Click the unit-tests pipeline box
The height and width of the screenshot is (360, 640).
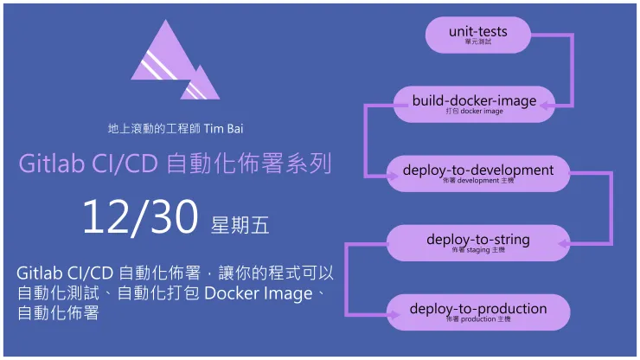(477, 35)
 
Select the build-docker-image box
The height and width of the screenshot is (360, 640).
(474, 104)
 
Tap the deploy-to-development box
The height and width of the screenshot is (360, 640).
(477, 173)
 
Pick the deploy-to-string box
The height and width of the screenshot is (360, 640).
(477, 242)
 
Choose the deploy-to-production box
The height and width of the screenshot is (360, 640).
(477, 312)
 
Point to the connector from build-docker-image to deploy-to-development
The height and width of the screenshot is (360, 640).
(366, 138)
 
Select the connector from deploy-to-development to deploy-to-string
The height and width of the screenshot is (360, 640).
(611, 208)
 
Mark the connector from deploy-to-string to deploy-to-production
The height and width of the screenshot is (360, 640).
(349, 277)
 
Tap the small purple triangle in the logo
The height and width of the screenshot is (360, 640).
(201, 85)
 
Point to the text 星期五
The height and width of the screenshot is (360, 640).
(240, 226)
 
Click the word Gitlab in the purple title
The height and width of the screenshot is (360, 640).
(50, 164)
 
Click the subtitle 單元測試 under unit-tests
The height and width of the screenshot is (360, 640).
(477, 42)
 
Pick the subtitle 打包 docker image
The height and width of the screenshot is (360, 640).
(474, 112)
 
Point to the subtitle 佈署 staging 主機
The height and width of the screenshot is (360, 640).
(477, 250)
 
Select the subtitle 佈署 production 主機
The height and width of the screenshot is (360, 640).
(477, 319)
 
